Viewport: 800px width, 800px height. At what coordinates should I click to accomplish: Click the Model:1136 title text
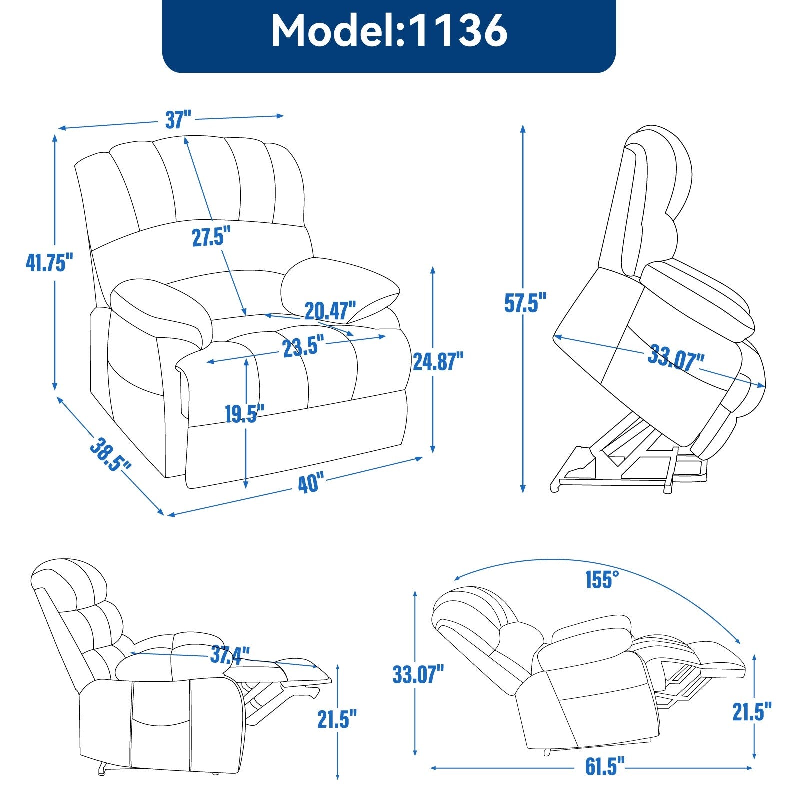389,31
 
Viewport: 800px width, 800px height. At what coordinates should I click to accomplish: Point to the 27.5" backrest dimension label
211,236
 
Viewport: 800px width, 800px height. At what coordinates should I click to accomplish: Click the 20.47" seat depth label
330,311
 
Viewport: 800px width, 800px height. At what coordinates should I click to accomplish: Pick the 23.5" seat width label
303,347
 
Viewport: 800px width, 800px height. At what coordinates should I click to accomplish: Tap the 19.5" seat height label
244,414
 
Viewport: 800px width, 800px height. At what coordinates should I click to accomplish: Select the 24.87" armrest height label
438,361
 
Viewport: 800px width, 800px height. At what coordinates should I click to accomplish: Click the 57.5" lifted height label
525,302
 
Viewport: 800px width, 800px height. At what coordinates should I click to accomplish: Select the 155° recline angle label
602,580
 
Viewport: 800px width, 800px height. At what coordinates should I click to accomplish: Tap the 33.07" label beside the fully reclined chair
418,674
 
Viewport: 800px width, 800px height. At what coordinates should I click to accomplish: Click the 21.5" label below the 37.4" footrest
337,719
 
